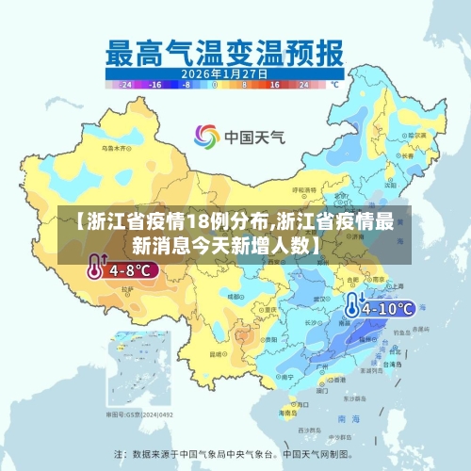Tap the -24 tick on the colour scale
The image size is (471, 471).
pyautogui.click(x=126, y=84)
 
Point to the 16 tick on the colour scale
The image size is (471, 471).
pyautogui.click(x=275, y=84)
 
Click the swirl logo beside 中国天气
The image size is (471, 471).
pyautogui.click(x=205, y=138)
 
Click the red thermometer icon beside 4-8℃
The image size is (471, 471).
pyautogui.click(x=95, y=269)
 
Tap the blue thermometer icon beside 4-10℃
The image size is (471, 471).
pyautogui.click(x=353, y=305)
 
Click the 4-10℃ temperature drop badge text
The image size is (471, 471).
pyautogui.click(x=388, y=307)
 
